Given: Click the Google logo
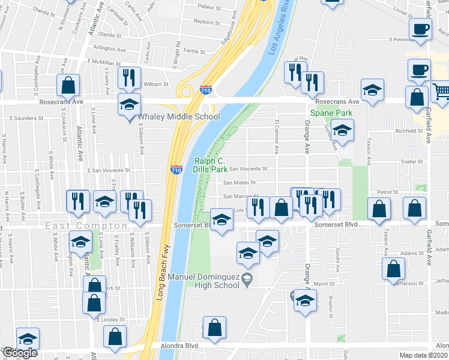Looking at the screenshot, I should [20, 353].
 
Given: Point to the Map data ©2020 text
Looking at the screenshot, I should [424, 355].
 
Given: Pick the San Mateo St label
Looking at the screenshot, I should [240, 182].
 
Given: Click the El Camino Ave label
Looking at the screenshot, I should [277, 134].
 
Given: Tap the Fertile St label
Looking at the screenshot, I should [195, 51].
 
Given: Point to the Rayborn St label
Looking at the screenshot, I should [207, 22].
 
